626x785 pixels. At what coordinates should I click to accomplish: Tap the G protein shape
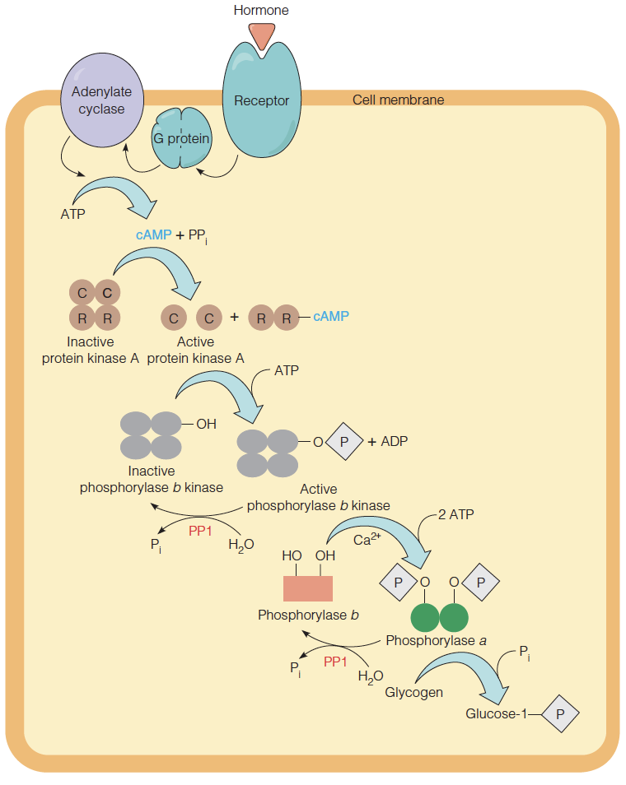(181, 139)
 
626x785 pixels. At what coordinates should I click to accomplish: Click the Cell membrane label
(398, 100)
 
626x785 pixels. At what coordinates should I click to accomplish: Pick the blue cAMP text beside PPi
(153, 235)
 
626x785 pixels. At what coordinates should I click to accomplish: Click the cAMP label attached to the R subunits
(330, 316)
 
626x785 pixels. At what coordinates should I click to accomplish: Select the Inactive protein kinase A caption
(91, 350)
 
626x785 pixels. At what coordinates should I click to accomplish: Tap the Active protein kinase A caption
(196, 350)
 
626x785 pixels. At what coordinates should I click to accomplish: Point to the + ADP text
(388, 441)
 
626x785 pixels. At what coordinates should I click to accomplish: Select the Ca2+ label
(365, 540)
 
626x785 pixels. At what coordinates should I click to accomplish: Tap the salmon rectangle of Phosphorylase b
(308, 589)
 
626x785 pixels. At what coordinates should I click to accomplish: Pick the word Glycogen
(413, 692)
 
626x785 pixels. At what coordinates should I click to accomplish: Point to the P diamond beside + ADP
(345, 441)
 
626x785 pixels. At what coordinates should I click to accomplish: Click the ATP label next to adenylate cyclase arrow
(72, 214)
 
